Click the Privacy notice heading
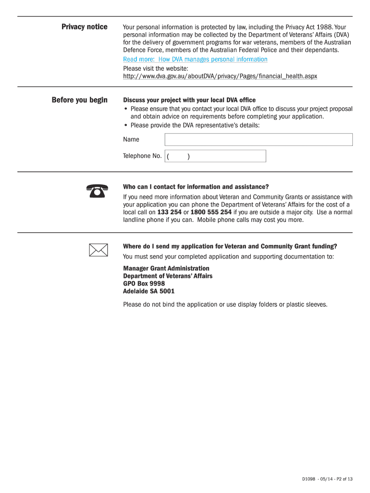[x=84, y=27]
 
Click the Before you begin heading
[x=79, y=100]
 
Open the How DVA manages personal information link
[x=195, y=59]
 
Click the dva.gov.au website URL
[x=220, y=77]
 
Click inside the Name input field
[x=259, y=140]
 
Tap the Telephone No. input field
[x=215, y=156]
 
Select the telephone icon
[x=98, y=191]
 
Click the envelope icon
[x=98, y=250]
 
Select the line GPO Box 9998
[x=144, y=284]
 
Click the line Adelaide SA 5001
[x=149, y=291]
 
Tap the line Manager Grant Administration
[x=166, y=268]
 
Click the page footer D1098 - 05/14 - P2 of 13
[x=327, y=479]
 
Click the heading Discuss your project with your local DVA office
[x=189, y=100]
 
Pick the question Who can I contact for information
[x=196, y=187]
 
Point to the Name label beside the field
[x=131, y=140]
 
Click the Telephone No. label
[x=142, y=156]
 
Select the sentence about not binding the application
[x=225, y=304]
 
